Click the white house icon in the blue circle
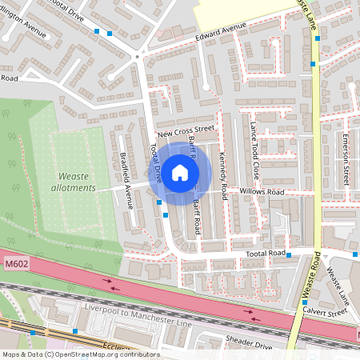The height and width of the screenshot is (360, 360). coord(180,172)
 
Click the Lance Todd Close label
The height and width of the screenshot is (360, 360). coord(254,150)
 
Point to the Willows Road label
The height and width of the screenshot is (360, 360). coord(264,193)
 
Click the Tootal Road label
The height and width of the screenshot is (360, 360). coord(266,253)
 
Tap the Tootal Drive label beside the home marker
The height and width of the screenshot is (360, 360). coord(155,164)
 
